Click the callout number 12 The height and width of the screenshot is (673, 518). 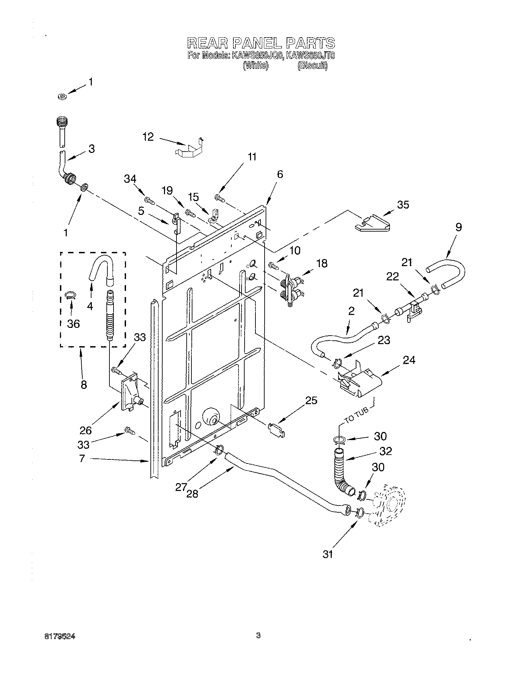coord(148,137)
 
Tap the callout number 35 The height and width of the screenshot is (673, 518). coord(403,205)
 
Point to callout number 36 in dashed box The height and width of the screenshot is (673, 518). coord(73,323)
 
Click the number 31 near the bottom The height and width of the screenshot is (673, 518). coord(328,554)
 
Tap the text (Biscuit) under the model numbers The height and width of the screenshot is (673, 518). coord(312,66)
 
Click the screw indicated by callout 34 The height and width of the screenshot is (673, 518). coord(150,200)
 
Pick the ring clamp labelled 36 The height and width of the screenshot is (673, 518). coord(71,295)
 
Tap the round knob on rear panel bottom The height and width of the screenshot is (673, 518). coord(211,417)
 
